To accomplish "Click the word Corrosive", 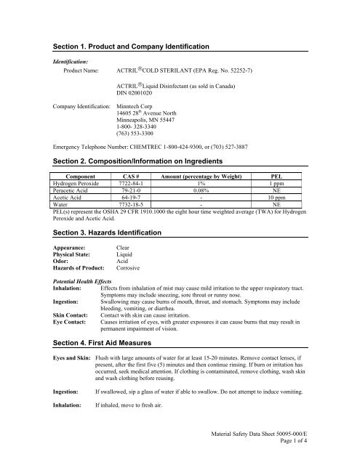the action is (132, 269).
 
